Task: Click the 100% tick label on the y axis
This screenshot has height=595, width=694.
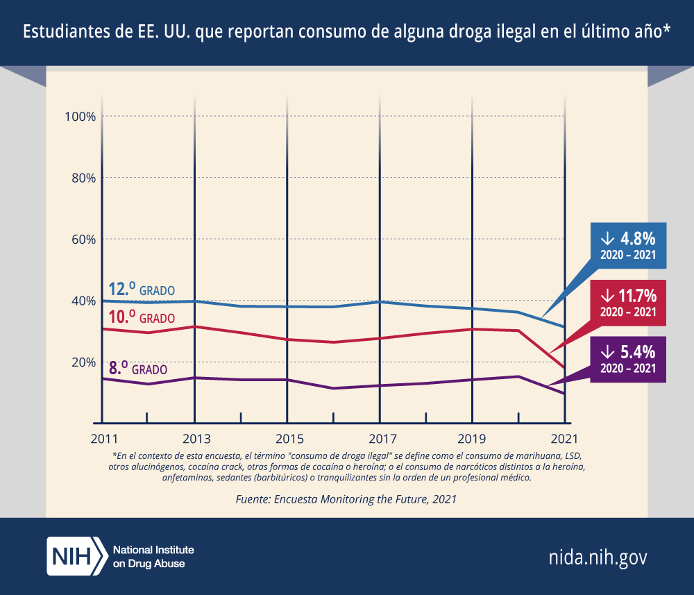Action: click(x=79, y=116)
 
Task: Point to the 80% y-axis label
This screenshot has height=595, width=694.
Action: click(x=82, y=178)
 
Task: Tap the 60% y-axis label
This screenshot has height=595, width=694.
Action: click(x=82, y=240)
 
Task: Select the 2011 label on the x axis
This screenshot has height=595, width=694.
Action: click(x=102, y=439)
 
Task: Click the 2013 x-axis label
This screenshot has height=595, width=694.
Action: click(x=194, y=439)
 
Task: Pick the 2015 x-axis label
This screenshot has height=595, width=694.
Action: click(x=287, y=439)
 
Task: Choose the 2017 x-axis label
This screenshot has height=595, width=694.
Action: click(x=380, y=439)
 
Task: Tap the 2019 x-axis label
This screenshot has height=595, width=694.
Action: click(x=473, y=439)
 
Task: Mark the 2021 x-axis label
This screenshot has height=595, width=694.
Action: click(x=565, y=439)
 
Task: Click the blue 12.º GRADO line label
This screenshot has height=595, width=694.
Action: click(x=142, y=289)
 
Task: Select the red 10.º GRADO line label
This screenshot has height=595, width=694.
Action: click(x=142, y=318)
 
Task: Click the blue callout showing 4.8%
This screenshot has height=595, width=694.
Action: click(x=628, y=245)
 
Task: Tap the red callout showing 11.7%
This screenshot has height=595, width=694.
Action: click(x=628, y=303)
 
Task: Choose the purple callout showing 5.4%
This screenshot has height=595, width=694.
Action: click(x=628, y=358)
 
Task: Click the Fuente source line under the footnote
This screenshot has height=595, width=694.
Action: click(x=346, y=498)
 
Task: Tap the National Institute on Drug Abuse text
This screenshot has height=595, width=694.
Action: click(x=153, y=556)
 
